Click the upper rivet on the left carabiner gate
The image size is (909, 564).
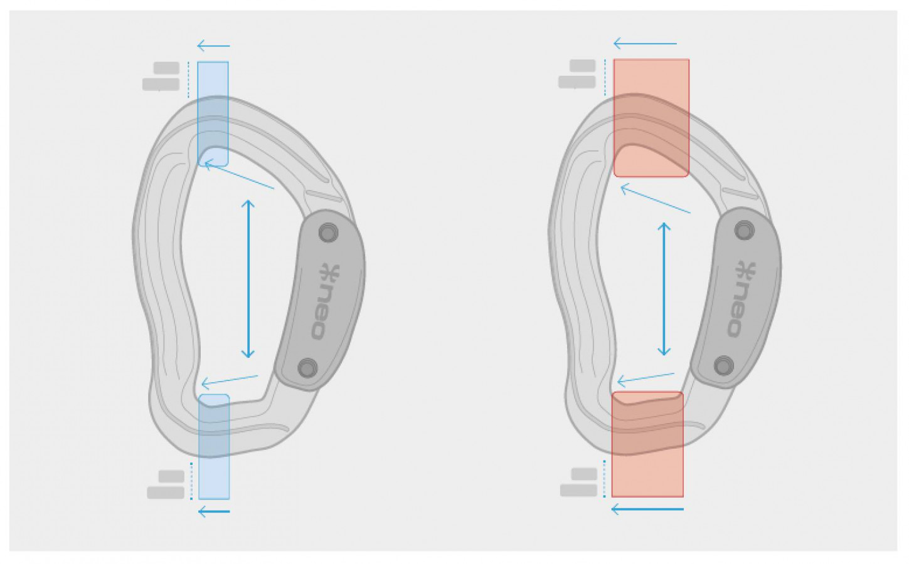tap(329, 232)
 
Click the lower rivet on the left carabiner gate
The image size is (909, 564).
tap(307, 368)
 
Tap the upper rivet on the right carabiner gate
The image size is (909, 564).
tap(744, 231)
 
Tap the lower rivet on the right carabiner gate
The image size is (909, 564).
tap(723, 366)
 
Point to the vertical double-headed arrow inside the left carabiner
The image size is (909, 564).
tap(248, 279)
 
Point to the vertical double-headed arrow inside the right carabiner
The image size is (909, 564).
tap(664, 289)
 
